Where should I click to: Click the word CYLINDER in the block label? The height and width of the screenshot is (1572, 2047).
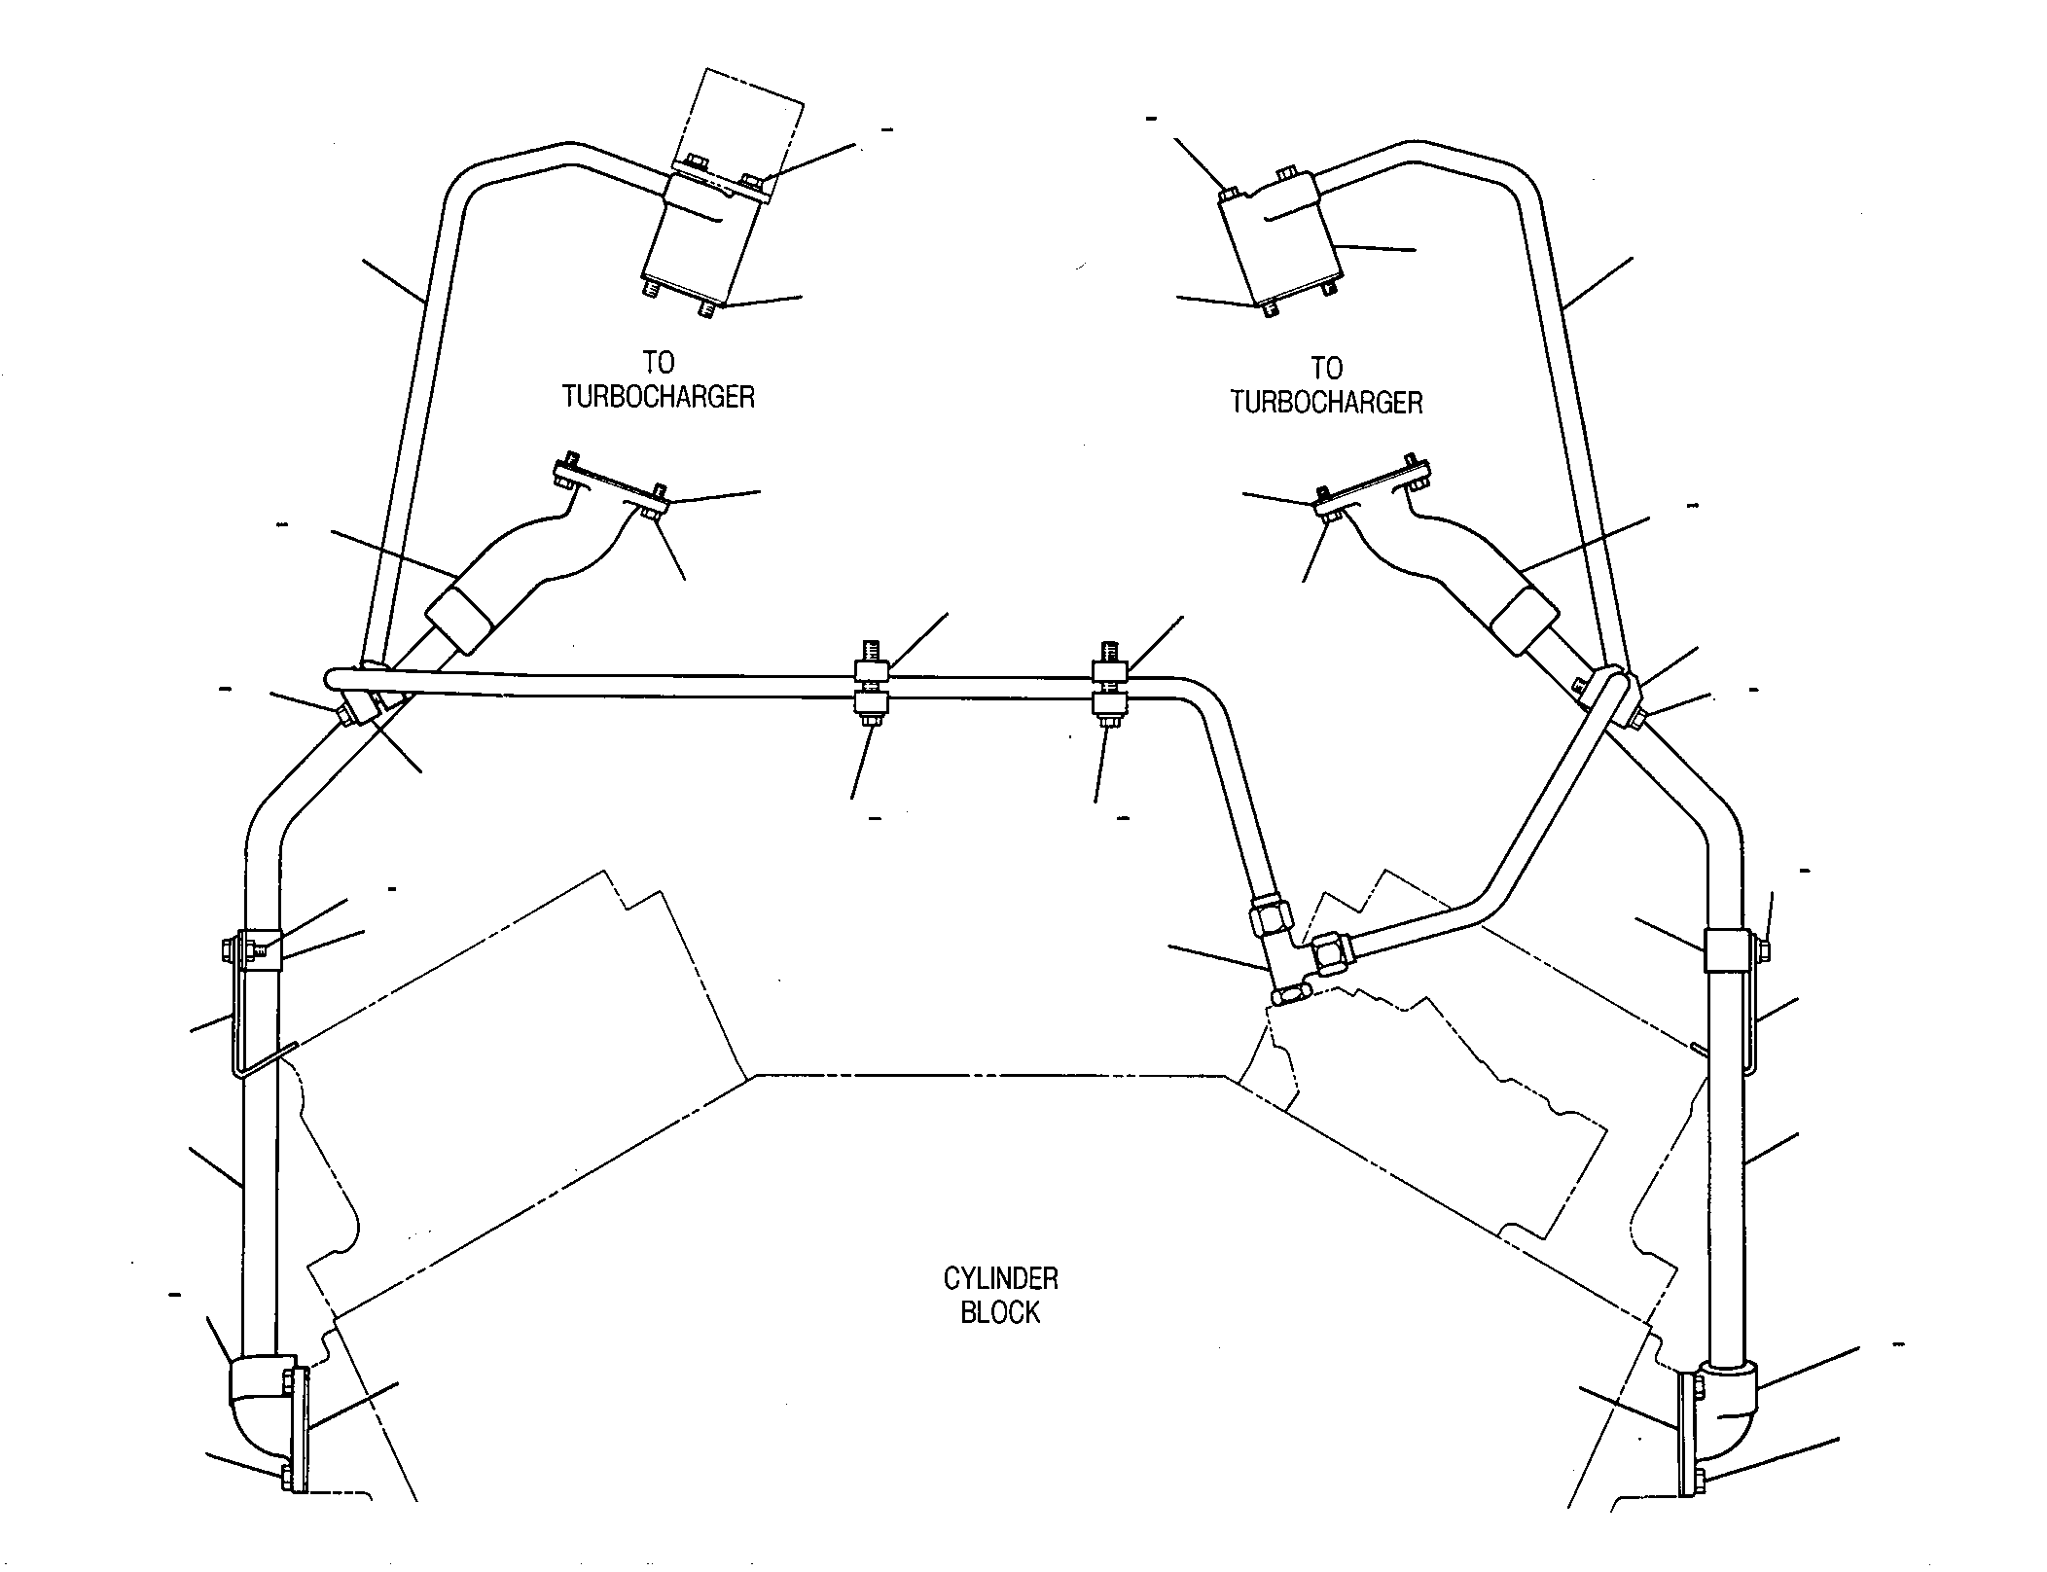[x=1000, y=1277]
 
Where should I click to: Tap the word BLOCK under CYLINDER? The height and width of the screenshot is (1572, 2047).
[x=1000, y=1312]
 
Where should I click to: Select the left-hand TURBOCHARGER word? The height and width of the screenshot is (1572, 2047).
[x=659, y=397]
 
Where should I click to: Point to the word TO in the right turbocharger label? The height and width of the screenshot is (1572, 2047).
[x=1327, y=368]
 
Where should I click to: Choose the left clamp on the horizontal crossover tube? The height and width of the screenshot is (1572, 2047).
[x=870, y=692]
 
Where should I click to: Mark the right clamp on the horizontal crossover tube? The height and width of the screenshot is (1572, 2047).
[x=1109, y=694]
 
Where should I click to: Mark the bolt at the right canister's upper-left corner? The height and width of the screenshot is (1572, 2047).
[x=1228, y=194]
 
